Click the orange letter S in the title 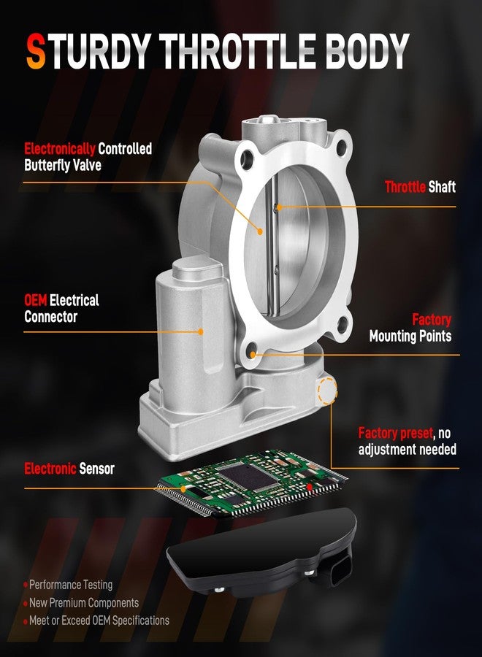tap(36, 51)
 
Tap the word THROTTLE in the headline tap(237, 51)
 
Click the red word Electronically tap(60, 149)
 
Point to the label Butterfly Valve tap(63, 165)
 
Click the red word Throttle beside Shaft tap(405, 186)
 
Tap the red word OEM tap(36, 300)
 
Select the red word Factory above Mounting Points tap(432, 320)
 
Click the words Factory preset tap(396, 433)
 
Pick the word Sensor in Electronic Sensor tap(97, 469)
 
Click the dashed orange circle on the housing tap(328, 391)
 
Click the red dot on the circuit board tap(310, 486)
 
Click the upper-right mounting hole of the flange tap(342, 147)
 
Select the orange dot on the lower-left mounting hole tap(253, 355)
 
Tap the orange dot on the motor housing tap(200, 331)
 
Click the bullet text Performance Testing tap(71, 585)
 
